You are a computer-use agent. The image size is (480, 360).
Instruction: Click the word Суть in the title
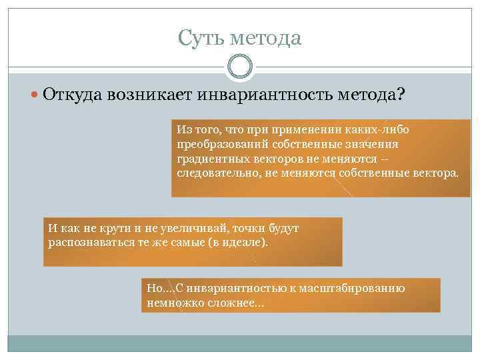(x=201, y=38)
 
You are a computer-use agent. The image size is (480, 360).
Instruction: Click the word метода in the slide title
(x=266, y=38)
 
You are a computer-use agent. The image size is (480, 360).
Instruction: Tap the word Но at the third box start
(x=154, y=289)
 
